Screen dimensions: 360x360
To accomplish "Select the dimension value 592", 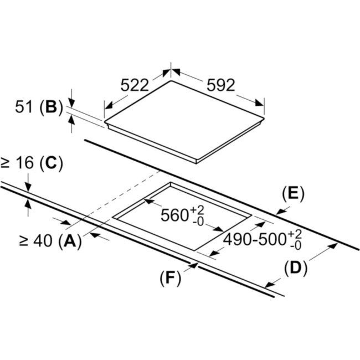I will tap(222, 85).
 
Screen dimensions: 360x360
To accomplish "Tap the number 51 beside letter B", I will tap(24, 108).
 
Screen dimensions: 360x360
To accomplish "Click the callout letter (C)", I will tap(52, 163).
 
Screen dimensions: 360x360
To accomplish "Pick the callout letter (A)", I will tap(69, 241).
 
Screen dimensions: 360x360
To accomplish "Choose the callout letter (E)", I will tap(293, 193).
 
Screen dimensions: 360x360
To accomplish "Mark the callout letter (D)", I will tap(295, 268).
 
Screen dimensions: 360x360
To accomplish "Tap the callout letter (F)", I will tap(171, 277).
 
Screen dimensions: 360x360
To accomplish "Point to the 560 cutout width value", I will tap(175, 215).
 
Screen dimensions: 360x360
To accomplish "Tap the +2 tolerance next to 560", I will tap(197, 209).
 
